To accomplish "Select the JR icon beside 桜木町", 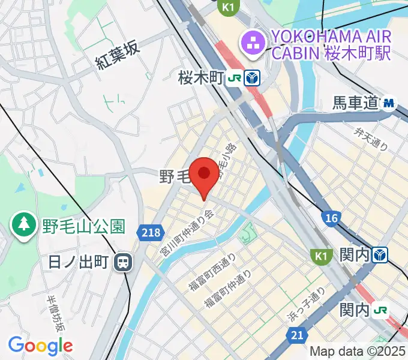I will click(x=236, y=77).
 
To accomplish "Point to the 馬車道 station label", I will click(x=356, y=103).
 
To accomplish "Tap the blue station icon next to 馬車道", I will click(x=390, y=103).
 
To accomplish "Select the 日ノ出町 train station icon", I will click(x=124, y=262).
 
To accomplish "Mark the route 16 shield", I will click(x=329, y=218).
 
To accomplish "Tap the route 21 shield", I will click(x=295, y=337).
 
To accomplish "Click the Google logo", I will click(x=40, y=345).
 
